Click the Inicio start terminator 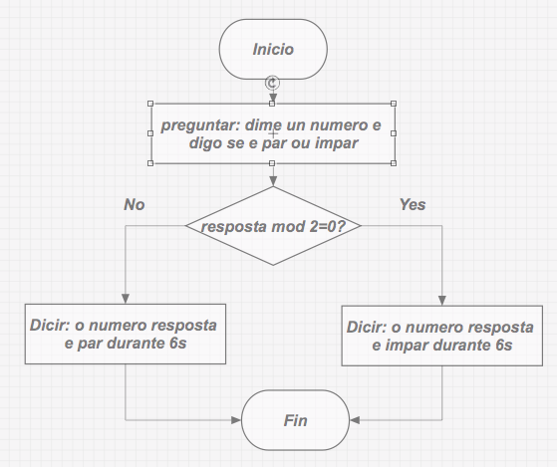pyautogui.click(x=273, y=49)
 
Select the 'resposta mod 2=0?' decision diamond pyautogui.click(x=272, y=226)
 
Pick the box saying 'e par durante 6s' pyautogui.click(x=125, y=335)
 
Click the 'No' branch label pyautogui.click(x=135, y=204)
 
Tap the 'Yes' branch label pyautogui.click(x=412, y=204)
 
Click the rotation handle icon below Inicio pyautogui.click(x=272, y=84)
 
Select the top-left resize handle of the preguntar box pyautogui.click(x=150, y=103)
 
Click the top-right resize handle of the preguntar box pyautogui.click(x=394, y=103)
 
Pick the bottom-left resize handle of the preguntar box pyautogui.click(x=150, y=166)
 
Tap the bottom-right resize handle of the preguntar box pyautogui.click(x=394, y=166)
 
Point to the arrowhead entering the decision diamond pyautogui.click(x=272, y=182)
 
